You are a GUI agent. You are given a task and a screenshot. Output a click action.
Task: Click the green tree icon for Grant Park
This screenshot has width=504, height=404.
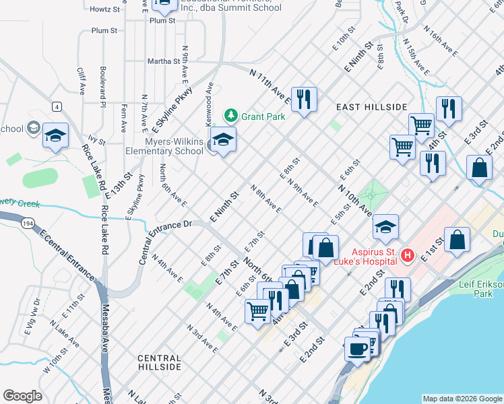pos(231,116)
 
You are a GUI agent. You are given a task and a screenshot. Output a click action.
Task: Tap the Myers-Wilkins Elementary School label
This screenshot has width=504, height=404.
pos(164,146)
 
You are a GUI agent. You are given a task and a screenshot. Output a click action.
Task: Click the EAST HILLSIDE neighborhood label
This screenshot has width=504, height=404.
pos(372,107)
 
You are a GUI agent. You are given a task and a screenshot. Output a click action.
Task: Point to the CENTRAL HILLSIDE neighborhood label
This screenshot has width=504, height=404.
pos(159,363)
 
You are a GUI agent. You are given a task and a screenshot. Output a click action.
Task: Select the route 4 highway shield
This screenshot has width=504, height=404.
pos(57,106)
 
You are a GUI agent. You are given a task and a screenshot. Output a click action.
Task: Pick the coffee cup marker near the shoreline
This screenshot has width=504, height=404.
pos(357,350)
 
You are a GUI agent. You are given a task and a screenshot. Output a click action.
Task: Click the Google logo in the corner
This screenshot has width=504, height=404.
pos(23,395)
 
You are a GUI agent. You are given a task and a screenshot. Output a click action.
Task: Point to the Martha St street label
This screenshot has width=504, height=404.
pos(161,61)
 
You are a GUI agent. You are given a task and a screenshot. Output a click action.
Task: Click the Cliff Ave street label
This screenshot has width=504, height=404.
pos(81,81)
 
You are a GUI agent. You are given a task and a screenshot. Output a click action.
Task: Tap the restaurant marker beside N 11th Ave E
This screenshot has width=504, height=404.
pos(303,99)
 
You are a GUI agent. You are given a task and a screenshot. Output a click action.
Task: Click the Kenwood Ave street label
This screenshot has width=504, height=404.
pos(210,98)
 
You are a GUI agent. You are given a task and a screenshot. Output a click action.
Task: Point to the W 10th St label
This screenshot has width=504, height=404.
pos(56,362)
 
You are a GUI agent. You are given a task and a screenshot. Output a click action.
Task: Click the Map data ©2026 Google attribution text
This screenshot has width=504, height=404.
pos(462,398)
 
